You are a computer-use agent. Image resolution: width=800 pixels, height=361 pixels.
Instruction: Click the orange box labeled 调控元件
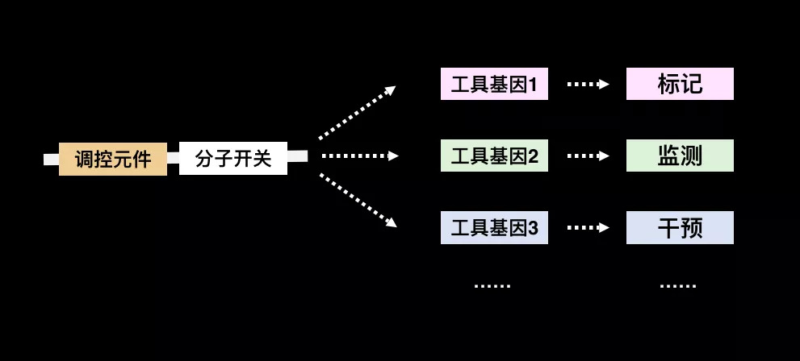113,159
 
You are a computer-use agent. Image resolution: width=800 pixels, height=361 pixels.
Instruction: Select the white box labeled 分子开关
233,159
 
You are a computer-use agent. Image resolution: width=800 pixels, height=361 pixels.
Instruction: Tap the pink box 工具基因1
494,84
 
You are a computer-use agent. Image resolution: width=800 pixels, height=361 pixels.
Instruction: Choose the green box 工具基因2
494,156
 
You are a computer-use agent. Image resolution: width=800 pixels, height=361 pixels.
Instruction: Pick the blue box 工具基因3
494,227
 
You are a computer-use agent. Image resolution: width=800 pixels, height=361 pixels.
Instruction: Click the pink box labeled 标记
680,84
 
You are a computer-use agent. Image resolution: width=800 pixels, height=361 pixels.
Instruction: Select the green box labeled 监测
680,156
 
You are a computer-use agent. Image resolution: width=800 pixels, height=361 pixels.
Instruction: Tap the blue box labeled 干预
680,227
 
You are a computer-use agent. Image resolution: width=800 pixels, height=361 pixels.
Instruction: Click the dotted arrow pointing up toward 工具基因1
357,112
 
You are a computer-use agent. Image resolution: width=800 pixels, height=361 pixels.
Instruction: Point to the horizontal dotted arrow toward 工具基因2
360,156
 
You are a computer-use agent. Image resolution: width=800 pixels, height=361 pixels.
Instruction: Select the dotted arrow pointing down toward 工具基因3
358,201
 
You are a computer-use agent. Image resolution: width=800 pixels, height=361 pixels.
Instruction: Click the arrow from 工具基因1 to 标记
588,84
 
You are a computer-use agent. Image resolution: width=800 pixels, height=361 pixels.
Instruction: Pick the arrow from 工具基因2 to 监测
588,156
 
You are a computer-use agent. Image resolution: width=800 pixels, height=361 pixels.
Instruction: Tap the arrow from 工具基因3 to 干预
588,227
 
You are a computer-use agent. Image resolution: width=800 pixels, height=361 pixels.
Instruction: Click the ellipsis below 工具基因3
492,286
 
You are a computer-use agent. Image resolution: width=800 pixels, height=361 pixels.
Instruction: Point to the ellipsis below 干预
678,286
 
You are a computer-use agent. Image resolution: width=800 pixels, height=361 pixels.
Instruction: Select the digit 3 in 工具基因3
534,229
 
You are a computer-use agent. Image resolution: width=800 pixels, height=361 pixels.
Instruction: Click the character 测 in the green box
692,156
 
